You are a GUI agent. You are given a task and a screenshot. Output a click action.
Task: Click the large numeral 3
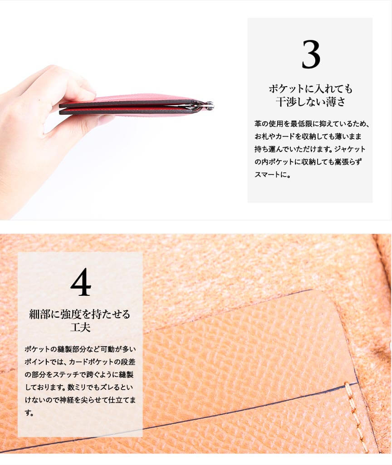[311, 54]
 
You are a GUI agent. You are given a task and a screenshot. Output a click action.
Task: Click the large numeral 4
[81, 282]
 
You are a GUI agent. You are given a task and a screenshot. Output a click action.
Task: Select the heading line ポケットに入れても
[310, 88]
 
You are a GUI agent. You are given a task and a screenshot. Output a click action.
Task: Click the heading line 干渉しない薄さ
[310, 102]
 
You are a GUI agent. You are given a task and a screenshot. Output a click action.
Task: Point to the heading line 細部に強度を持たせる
[80, 314]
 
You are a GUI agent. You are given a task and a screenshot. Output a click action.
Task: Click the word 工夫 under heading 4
[80, 327]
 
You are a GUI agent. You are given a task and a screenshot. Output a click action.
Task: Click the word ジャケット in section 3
[350, 149]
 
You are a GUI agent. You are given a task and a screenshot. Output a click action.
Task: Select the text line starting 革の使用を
[312, 124]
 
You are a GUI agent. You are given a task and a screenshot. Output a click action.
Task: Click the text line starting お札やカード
[308, 137]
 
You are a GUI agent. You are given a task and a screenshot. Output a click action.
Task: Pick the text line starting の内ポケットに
[308, 162]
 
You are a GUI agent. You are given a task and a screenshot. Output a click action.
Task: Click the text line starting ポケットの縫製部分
[80, 349]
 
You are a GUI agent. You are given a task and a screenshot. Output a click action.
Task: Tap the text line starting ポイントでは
[80, 362]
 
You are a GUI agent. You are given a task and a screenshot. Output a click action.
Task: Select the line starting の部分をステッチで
[79, 375]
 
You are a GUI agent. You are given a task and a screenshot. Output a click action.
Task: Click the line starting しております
[79, 387]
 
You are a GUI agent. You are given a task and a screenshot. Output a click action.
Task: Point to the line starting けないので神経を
[80, 400]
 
